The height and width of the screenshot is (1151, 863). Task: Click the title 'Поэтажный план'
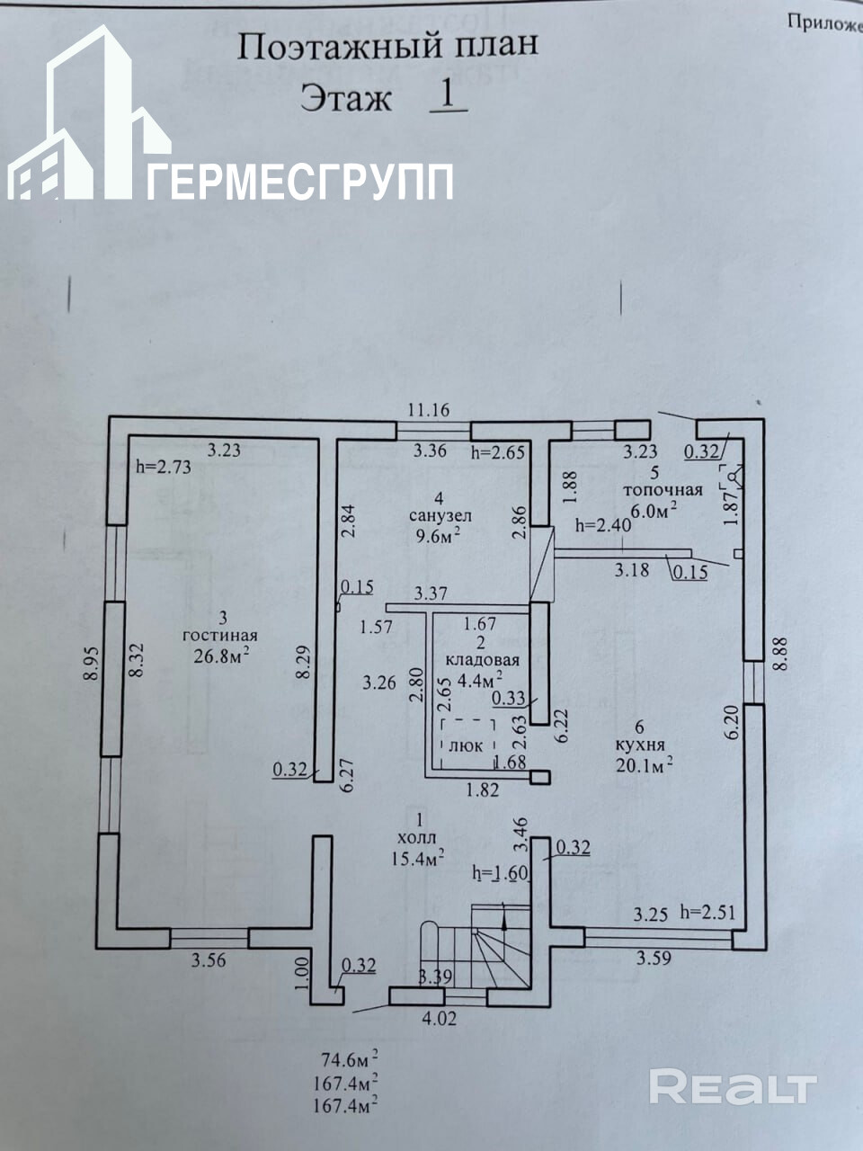pos(387,46)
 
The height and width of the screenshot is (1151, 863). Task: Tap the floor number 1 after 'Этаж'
pos(449,94)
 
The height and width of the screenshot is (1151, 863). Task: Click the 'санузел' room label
pos(440,516)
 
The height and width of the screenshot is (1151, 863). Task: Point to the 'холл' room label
pos(419,838)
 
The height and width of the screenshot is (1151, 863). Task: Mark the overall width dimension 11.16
pos(427,410)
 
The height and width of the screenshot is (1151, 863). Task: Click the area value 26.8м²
pos(221,655)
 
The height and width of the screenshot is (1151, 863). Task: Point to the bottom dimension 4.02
pos(440,1019)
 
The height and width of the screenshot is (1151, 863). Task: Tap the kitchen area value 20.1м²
pos(644,765)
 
